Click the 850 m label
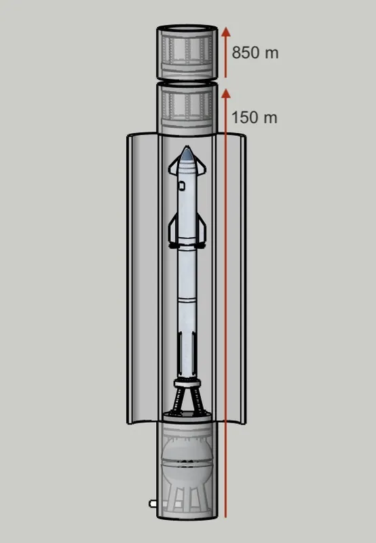pyautogui.click(x=255, y=52)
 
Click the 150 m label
pyautogui.click(x=255, y=118)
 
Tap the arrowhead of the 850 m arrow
pyautogui.click(x=226, y=32)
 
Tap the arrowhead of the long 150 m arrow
pyautogui.click(x=226, y=93)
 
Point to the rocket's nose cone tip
pyautogui.click(x=187, y=147)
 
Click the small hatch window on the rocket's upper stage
pyautogui.click(x=182, y=186)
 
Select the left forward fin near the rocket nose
pyautogui.click(x=174, y=167)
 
